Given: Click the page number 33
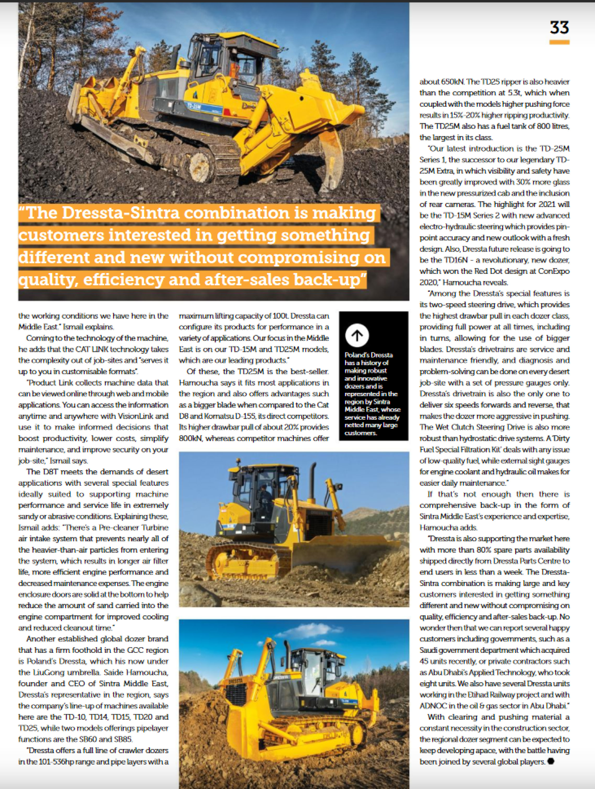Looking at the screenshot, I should [559, 27].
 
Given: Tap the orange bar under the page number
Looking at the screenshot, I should [559, 42].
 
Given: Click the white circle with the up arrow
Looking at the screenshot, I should [357, 335].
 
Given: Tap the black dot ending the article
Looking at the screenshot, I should [550, 762].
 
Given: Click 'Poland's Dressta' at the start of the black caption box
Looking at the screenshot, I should [368, 355].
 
